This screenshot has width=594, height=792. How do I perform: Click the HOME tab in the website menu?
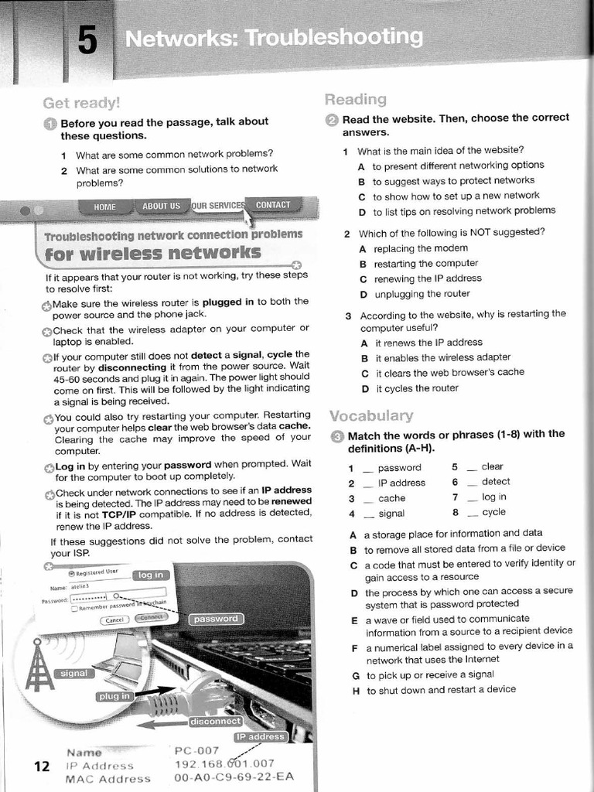(104, 207)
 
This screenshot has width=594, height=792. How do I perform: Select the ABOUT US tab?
(161, 206)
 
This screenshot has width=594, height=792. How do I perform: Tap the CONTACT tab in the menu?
(273, 205)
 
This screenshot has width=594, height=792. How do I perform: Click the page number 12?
(42, 766)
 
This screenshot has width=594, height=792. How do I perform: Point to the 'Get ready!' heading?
(81, 102)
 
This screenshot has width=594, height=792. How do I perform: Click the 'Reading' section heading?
(355, 99)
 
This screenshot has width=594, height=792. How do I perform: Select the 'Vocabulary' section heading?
(370, 415)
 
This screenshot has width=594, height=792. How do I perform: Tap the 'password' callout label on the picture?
(216, 619)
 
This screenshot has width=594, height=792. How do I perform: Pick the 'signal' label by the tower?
(74, 673)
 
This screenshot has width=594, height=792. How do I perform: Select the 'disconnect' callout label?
(216, 721)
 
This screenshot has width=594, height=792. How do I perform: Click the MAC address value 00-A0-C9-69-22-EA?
(234, 778)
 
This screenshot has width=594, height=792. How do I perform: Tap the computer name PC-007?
(198, 750)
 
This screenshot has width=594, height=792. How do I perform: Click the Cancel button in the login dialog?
(114, 620)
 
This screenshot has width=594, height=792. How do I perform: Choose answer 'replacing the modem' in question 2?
(420, 248)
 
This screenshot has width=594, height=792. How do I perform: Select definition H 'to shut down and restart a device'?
(440, 690)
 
